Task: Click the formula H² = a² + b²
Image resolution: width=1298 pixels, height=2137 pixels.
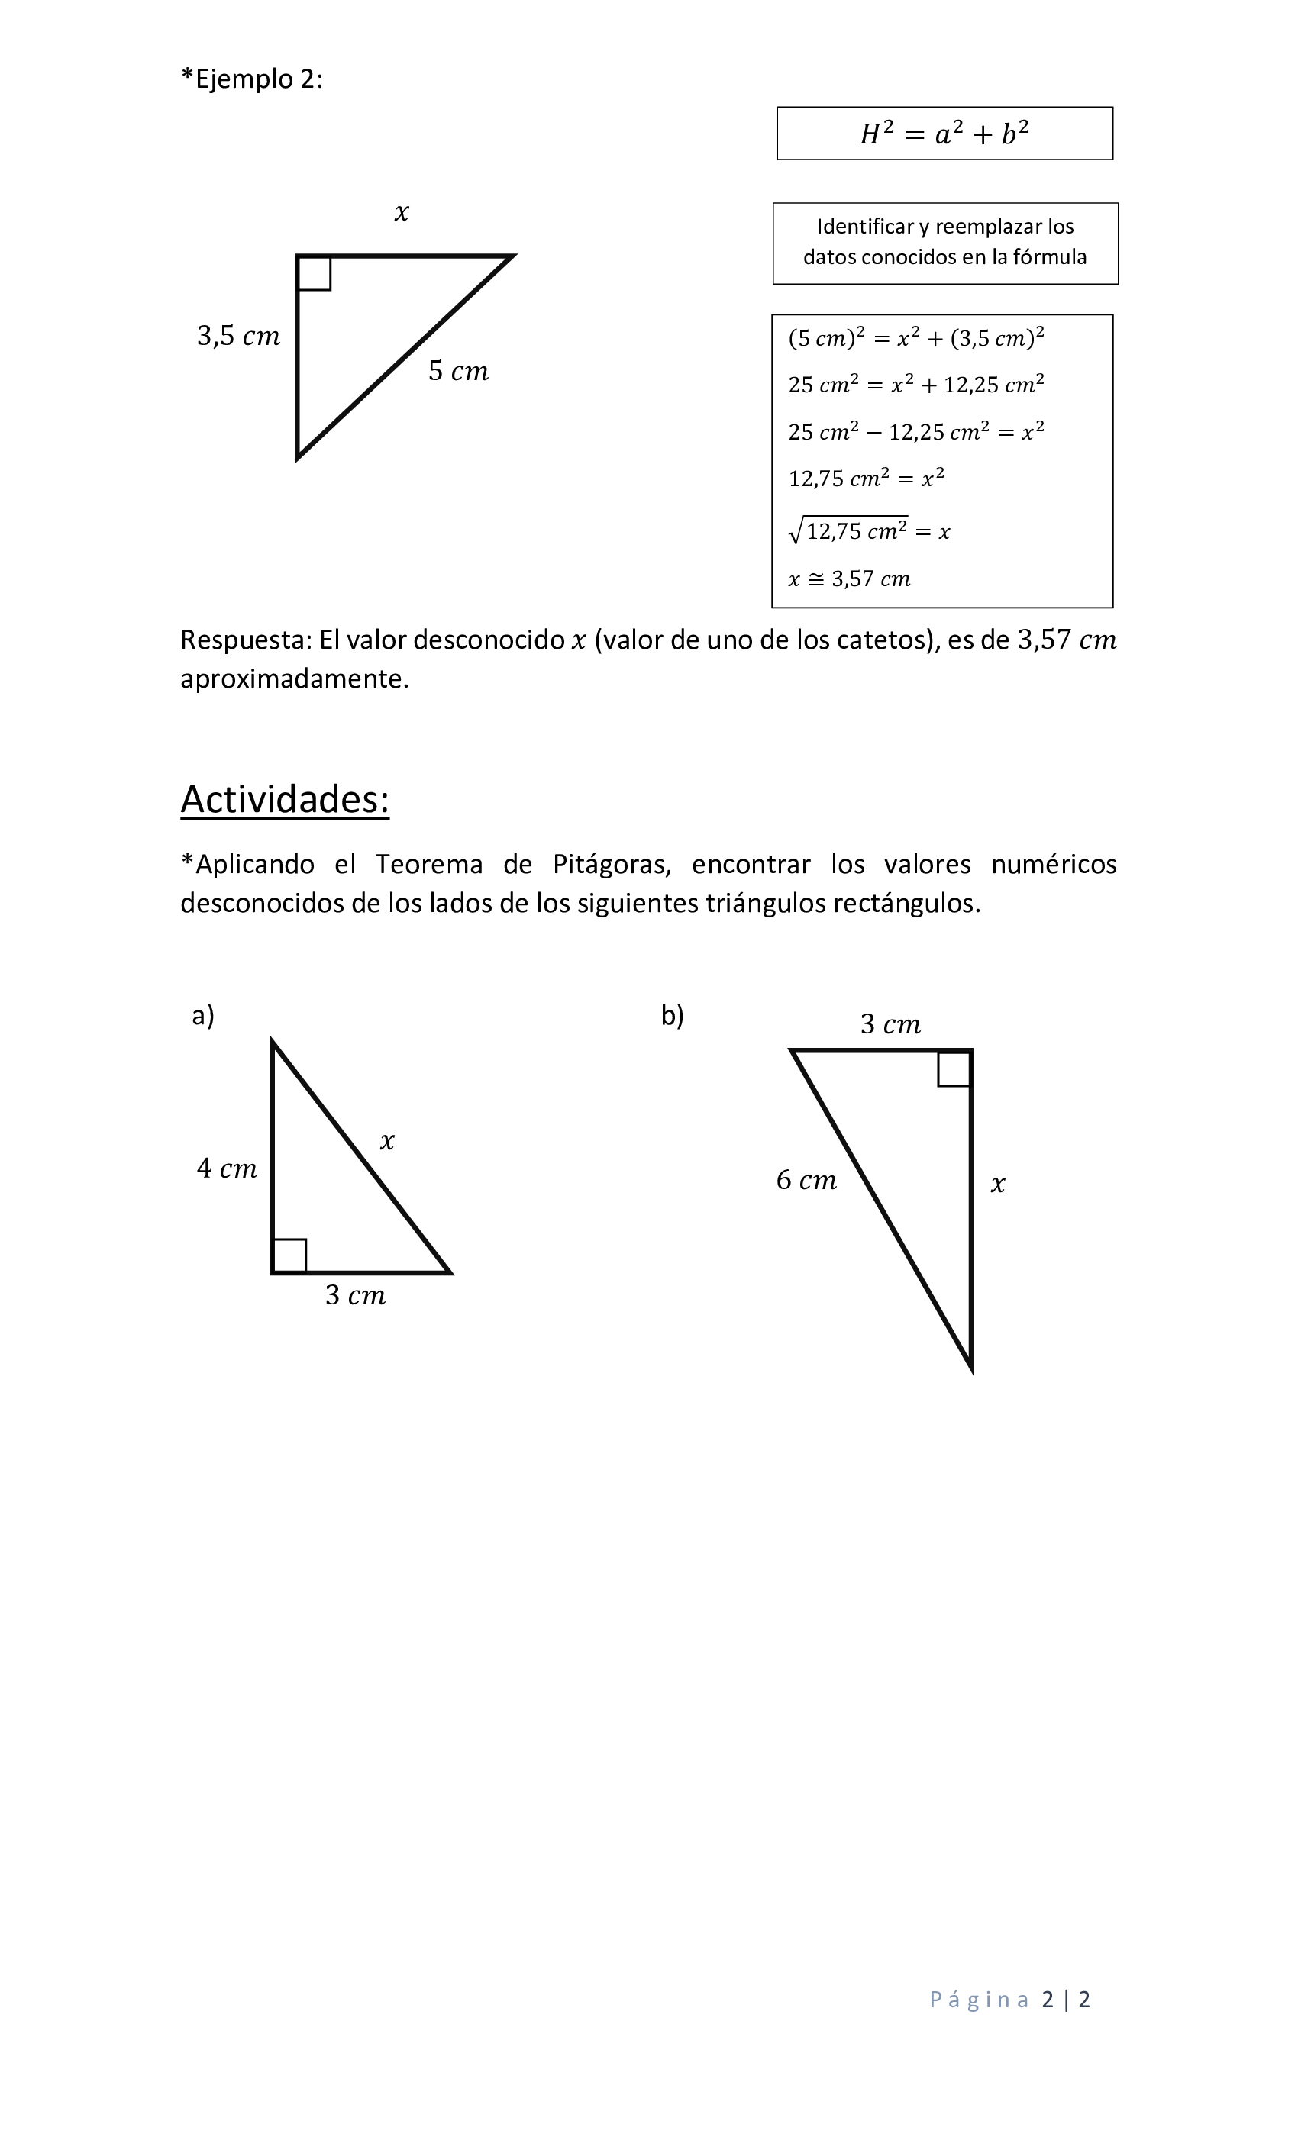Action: click(944, 134)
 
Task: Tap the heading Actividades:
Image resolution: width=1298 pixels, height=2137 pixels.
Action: click(285, 799)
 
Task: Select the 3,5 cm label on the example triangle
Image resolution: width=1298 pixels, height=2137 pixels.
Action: click(238, 336)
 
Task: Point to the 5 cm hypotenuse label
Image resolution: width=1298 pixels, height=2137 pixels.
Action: click(458, 371)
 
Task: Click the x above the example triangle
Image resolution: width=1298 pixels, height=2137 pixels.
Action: click(401, 212)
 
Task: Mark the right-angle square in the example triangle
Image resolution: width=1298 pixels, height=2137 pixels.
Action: click(314, 273)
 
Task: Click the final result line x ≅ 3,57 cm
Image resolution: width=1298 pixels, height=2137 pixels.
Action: click(849, 579)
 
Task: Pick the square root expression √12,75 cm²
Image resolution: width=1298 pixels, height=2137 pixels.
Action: click(848, 530)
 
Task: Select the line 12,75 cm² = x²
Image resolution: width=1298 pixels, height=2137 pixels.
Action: click(866, 478)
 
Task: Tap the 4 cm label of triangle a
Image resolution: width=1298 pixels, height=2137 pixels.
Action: click(228, 1168)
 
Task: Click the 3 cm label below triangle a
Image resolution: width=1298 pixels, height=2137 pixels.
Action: click(355, 1295)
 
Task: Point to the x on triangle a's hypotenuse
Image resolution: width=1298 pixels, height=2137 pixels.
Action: click(387, 1141)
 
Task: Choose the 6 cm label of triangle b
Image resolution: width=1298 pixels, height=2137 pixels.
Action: click(806, 1179)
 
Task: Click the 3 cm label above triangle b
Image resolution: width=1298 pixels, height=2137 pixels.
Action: click(890, 1024)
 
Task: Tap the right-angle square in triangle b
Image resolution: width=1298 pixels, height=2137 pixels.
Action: click(954, 1068)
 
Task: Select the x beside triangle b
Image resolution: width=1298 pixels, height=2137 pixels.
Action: click(998, 1184)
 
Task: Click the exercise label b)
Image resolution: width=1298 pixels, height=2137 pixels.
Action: click(673, 1015)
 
